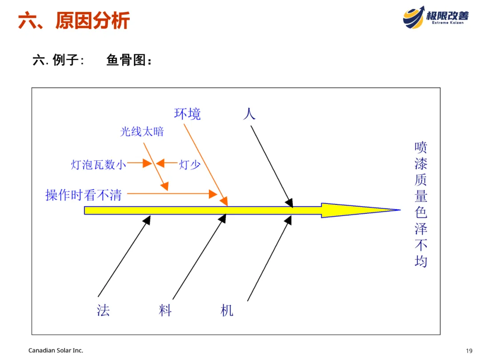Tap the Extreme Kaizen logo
click(436, 17)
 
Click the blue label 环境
click(187, 114)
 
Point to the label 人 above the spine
click(249, 113)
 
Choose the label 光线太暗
click(142, 132)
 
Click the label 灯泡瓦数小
click(99, 164)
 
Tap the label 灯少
click(190, 165)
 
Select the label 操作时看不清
click(84, 195)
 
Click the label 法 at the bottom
click(103, 310)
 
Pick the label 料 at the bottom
click(165, 310)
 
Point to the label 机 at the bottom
click(227, 310)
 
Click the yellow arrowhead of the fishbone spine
click(356, 210)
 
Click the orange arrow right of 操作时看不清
click(171, 194)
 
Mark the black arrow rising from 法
click(124, 256)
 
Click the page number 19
click(469, 351)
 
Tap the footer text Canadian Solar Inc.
click(56, 351)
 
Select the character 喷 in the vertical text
click(420, 147)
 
